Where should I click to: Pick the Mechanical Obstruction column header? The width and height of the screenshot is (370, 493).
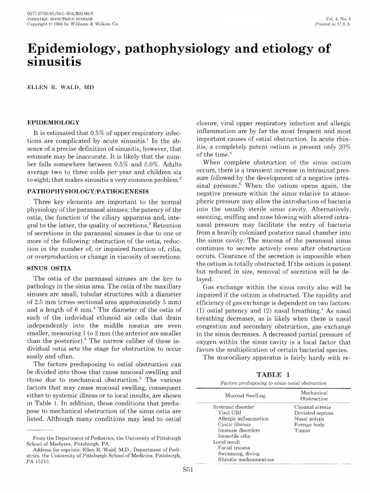coord(314,395)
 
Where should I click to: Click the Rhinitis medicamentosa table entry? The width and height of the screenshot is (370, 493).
coord(246,459)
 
